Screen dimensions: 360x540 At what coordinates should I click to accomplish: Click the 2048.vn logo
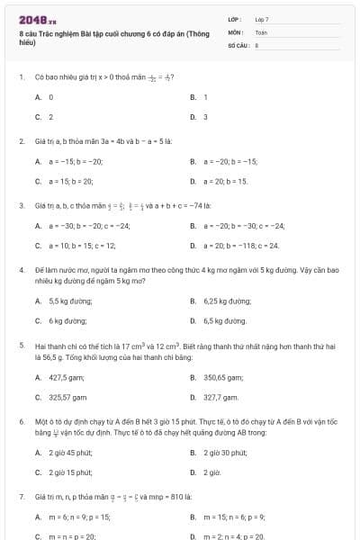38,20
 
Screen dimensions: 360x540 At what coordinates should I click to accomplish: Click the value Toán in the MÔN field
262,31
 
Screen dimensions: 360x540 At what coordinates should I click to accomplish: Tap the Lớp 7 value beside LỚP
262,19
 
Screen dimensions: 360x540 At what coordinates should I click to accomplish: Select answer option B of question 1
205,96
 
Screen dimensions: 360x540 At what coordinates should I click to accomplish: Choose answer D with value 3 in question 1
205,117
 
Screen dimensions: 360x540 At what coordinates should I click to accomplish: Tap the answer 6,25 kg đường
226,301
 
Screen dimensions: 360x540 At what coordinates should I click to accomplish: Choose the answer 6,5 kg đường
225,320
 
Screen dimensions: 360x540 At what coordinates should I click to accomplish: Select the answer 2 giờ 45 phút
70,452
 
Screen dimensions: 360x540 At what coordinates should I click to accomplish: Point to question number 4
21,269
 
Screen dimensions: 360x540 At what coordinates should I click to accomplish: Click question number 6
21,420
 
